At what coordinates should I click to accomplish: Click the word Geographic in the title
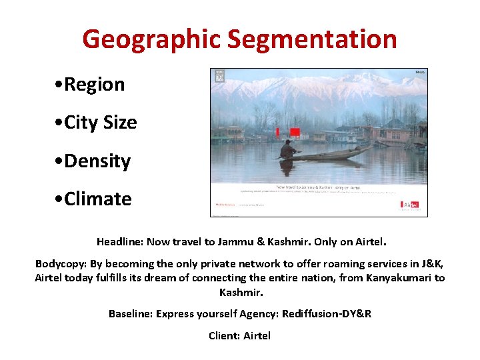point(151,40)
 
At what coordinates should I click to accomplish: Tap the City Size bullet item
point(97,123)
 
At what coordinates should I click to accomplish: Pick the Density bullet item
point(93,161)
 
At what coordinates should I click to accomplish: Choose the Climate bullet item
point(94,199)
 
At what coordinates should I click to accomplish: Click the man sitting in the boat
point(288,149)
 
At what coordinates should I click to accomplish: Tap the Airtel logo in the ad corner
point(409,205)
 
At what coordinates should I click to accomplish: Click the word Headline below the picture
point(119,241)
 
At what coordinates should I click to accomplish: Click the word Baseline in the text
point(131,313)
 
